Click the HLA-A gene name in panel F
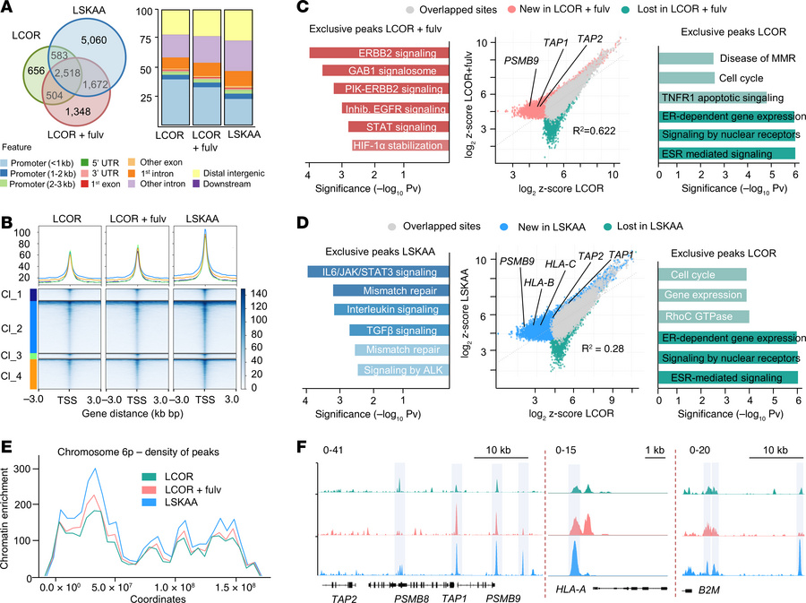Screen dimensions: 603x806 coord(570,589)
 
